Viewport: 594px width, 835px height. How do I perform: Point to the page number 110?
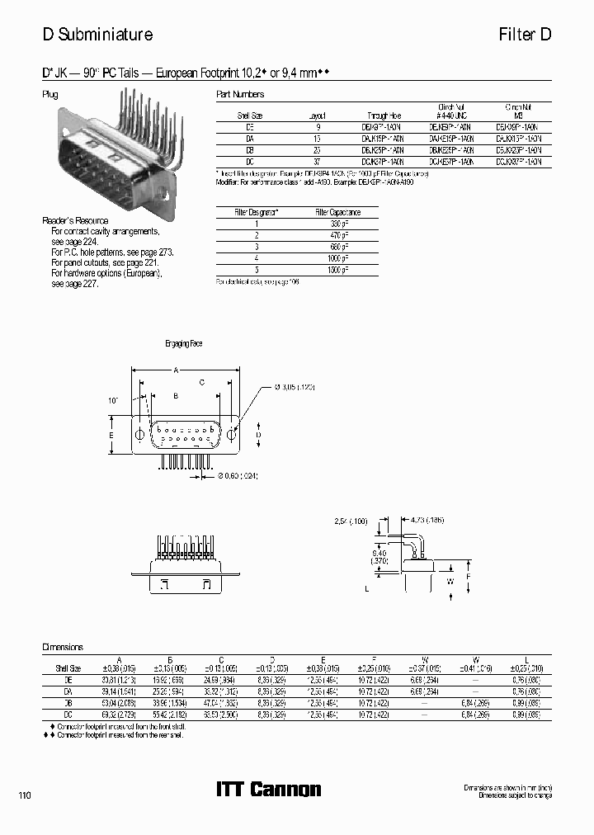coord(26,795)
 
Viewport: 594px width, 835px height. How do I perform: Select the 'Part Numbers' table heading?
coord(239,94)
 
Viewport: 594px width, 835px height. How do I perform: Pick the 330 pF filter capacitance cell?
coord(337,224)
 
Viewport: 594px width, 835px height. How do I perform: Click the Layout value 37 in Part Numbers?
coord(317,163)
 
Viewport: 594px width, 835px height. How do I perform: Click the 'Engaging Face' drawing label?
coord(183,343)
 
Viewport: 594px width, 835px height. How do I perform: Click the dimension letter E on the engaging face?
coord(111,434)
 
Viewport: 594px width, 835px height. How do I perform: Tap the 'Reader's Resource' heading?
coord(75,220)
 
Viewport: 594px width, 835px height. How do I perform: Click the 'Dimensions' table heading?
coord(63,648)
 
